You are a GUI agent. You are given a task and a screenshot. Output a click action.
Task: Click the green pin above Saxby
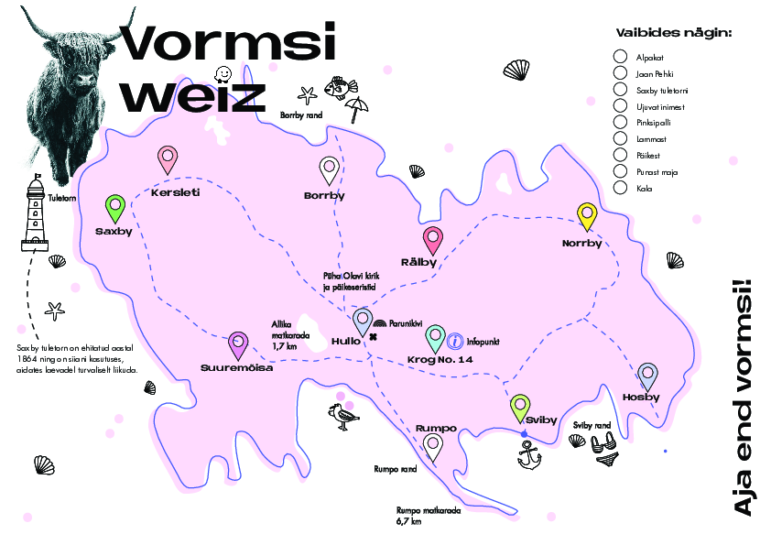tap(115, 207)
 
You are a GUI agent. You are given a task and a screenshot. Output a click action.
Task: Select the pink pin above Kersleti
tap(168, 158)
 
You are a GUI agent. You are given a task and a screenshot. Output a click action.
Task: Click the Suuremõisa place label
tap(237, 369)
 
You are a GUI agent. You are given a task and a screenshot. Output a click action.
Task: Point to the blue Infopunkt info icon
tap(455, 341)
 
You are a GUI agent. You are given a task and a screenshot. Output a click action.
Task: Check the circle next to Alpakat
tap(620, 57)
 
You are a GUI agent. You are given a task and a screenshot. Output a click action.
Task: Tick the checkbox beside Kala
tap(620, 189)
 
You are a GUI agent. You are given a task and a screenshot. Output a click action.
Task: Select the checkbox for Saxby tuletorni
tap(620, 90)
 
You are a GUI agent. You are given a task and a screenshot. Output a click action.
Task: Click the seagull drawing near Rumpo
tap(342, 417)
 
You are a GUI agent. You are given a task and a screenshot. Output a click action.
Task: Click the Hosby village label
tap(641, 397)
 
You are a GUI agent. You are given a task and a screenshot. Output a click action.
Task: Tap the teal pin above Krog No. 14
tap(436, 336)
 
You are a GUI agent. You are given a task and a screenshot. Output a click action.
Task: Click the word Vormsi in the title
tap(228, 44)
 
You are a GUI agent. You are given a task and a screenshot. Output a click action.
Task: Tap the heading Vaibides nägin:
tap(674, 34)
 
